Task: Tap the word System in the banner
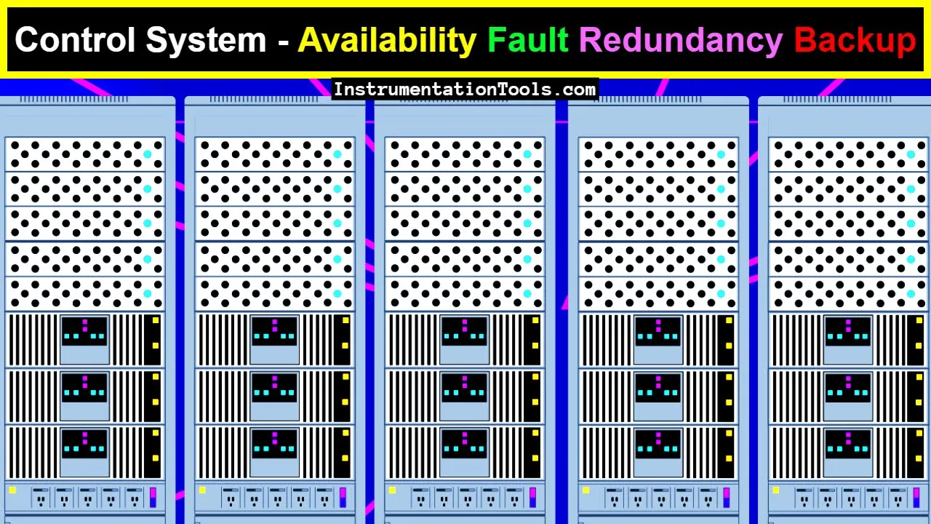(206, 41)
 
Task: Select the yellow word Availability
(387, 41)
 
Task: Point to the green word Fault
(528, 39)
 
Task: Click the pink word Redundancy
(681, 41)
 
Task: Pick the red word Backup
(855, 39)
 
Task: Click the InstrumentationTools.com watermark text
(465, 90)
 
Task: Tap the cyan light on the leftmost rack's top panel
(148, 154)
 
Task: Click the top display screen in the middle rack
(464, 331)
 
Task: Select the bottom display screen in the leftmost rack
(85, 444)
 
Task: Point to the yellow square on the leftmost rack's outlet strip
(12, 491)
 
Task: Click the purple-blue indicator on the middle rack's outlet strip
(533, 497)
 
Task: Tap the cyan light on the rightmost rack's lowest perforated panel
(911, 293)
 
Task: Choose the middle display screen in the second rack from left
(274, 388)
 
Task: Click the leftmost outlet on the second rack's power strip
(231, 498)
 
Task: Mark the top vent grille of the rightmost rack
(837, 100)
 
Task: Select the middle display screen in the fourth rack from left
(658, 388)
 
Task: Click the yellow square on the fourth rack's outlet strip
(586, 491)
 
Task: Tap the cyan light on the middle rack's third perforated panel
(527, 223)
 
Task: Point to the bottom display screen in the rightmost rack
(848, 444)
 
